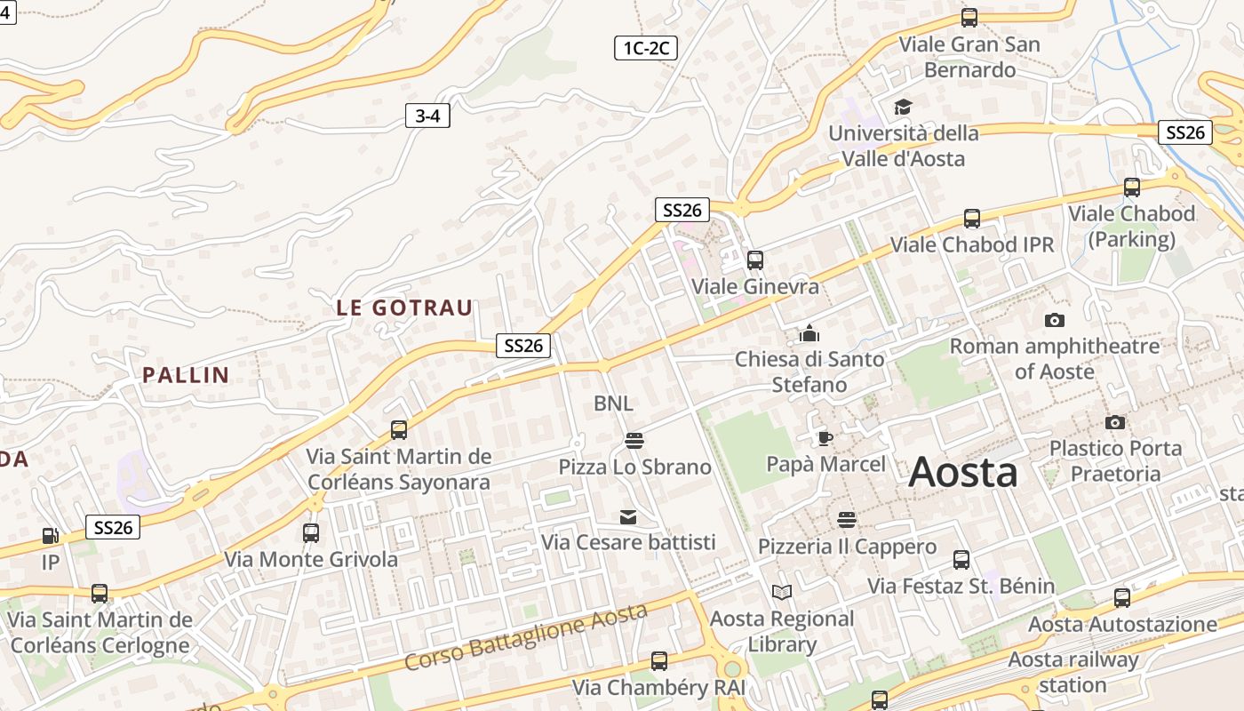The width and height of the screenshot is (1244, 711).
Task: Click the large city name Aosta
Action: (963, 472)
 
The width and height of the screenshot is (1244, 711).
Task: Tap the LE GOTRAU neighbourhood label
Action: (404, 308)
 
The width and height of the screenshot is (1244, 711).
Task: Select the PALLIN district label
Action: (187, 375)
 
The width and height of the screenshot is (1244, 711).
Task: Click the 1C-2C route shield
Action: (646, 48)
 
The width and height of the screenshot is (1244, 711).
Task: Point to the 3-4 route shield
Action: (427, 116)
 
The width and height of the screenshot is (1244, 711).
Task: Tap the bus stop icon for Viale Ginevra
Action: (755, 260)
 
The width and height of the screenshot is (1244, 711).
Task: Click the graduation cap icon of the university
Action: (903, 108)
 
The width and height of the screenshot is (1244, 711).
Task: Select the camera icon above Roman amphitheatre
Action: (1055, 320)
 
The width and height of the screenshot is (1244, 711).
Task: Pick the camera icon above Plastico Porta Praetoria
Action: (1115, 422)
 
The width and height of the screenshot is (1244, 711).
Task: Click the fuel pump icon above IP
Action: (51, 536)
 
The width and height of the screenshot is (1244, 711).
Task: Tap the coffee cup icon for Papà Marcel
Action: (825, 438)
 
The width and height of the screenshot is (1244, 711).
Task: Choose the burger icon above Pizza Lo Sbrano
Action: (634, 440)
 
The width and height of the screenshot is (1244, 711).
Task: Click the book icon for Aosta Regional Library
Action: (782, 592)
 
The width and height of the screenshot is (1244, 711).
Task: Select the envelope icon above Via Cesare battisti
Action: (628, 516)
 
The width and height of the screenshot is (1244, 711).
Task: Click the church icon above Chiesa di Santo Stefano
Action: (809, 334)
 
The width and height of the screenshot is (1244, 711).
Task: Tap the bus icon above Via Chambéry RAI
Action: (658, 661)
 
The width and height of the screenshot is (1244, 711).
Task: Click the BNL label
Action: (613, 403)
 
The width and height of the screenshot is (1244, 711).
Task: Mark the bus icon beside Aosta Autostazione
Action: (1122, 598)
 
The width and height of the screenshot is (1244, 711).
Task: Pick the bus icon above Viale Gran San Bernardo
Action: (969, 18)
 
